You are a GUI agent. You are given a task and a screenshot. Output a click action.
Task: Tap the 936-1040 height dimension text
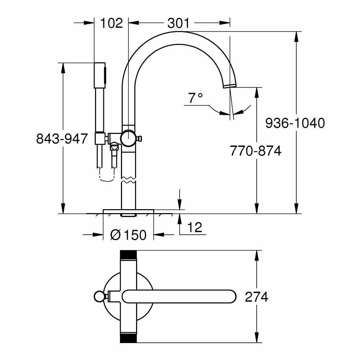tap(295, 123)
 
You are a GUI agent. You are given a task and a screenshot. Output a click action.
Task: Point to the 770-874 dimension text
tap(256, 151)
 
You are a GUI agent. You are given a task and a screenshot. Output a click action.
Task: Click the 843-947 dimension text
tap(62, 139)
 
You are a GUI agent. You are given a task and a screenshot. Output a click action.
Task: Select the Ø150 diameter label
tap(128, 235)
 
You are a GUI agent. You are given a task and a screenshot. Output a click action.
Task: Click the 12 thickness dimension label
tap(194, 228)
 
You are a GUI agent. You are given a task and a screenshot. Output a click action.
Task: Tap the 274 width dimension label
tap(256, 297)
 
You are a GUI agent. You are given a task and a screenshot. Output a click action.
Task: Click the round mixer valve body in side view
tap(128, 138)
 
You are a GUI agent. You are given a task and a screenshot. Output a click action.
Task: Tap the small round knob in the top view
tap(98, 297)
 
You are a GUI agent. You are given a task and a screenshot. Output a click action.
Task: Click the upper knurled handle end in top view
tap(128, 255)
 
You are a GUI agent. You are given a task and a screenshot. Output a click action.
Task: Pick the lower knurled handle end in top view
tap(128, 339)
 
